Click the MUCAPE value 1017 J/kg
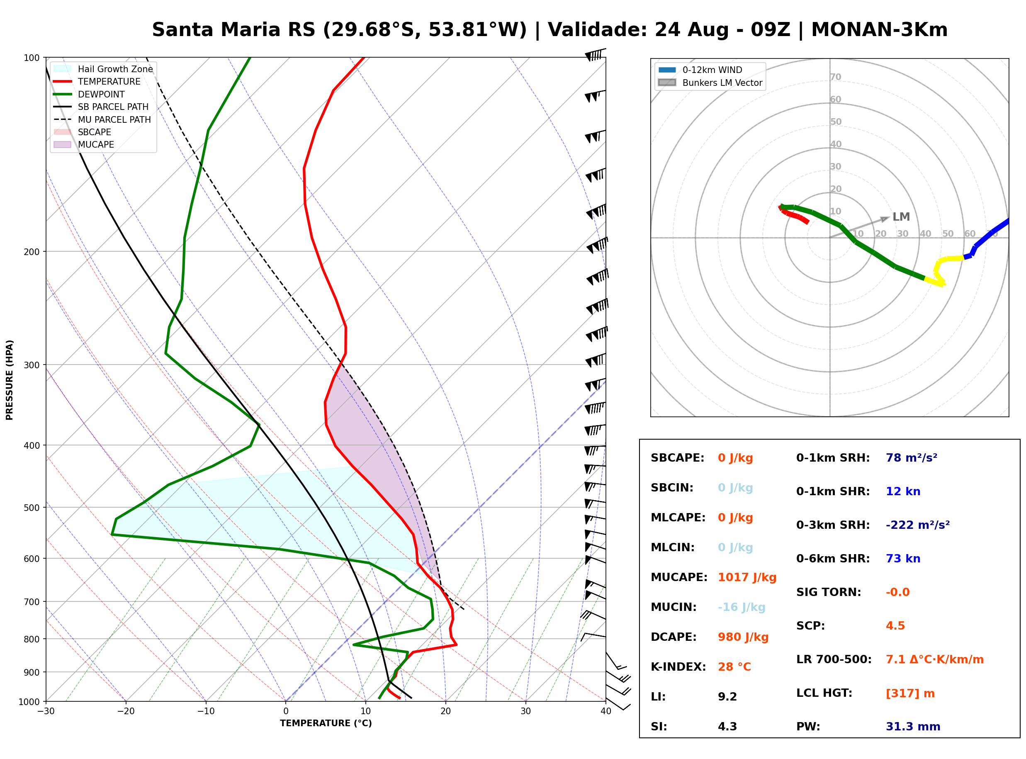747,577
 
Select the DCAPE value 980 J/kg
743,637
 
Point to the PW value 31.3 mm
913,726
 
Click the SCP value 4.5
895,625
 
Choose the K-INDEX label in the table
678,667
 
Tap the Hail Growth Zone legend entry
103,69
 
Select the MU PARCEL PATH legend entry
102,119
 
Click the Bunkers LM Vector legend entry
710,83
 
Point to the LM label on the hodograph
901,217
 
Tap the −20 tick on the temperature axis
125,711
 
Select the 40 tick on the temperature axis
606,711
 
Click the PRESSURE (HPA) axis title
10,380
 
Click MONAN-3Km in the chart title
880,29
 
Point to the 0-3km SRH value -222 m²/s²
918,525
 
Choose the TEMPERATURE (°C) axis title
326,723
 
